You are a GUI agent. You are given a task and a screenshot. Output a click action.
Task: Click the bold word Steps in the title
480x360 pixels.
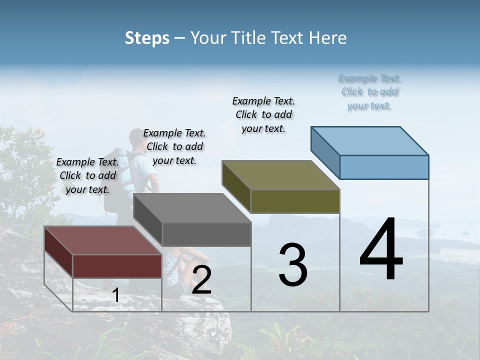(146, 38)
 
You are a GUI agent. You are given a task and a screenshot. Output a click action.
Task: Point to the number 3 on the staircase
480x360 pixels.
(292, 265)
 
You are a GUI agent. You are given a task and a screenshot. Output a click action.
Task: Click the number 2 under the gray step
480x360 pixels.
(201, 280)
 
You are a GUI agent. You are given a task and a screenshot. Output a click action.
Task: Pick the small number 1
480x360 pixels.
(115, 295)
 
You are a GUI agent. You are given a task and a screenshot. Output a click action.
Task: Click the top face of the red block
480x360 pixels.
(102, 240)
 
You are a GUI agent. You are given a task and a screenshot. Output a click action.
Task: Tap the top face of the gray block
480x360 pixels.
(191, 208)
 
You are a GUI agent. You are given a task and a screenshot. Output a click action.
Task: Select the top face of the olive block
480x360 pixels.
(280, 175)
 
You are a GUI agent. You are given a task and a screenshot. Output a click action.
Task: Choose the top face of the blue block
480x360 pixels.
(369, 141)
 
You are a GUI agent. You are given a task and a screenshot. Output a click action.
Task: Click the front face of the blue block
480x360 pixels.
(384, 167)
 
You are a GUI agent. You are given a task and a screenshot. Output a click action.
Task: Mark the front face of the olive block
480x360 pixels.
(295, 201)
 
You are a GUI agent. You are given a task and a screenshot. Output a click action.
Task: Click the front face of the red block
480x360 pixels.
(117, 265)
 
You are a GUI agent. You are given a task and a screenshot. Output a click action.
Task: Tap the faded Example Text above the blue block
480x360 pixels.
(369, 92)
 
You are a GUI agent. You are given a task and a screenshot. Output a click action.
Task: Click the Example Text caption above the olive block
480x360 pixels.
(263, 114)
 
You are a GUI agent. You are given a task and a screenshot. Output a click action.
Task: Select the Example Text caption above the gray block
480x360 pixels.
(174, 146)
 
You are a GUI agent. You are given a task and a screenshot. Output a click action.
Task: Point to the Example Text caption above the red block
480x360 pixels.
(87, 175)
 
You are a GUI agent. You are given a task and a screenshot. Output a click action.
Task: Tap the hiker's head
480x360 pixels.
(138, 138)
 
